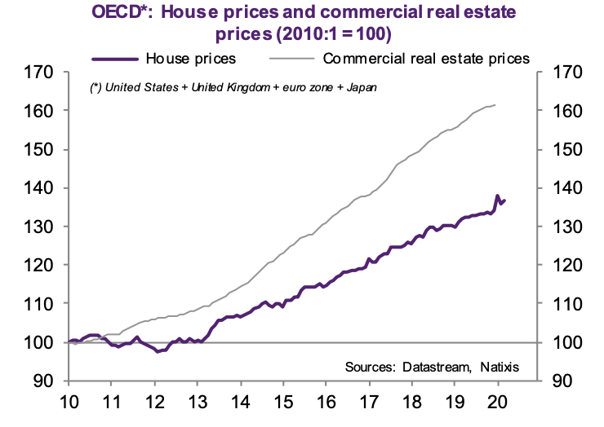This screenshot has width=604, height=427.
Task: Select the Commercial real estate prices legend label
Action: [x=427, y=59]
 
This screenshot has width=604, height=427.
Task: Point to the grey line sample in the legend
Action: [x=290, y=59]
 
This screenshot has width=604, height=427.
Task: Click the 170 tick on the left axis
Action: [x=40, y=73]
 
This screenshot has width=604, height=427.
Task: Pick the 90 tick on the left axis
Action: [x=44, y=381]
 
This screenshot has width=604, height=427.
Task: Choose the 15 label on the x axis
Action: [x=282, y=402]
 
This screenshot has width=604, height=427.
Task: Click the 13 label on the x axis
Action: [x=197, y=402]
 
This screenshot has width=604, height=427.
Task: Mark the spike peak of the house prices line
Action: [x=498, y=196]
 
